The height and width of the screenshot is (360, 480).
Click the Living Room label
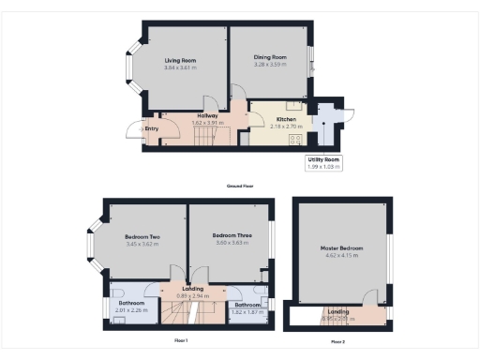pos(180,61)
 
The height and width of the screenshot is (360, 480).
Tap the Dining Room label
pos(270,57)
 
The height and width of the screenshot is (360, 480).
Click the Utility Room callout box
pos(323,162)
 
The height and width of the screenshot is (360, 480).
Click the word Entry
pos(152,130)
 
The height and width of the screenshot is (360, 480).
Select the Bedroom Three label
pos(230,235)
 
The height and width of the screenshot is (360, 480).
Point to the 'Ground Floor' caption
pos(240,186)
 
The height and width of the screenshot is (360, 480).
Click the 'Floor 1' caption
pos(181,339)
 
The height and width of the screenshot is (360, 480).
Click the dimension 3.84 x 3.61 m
pos(180,68)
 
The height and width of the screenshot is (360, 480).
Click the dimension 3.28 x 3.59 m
pos(270,65)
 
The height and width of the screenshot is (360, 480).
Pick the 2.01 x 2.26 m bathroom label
pos(131,309)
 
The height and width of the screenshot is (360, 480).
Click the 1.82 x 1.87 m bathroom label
pos(247,311)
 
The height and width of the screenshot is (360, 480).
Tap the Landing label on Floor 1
pos(194,290)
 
